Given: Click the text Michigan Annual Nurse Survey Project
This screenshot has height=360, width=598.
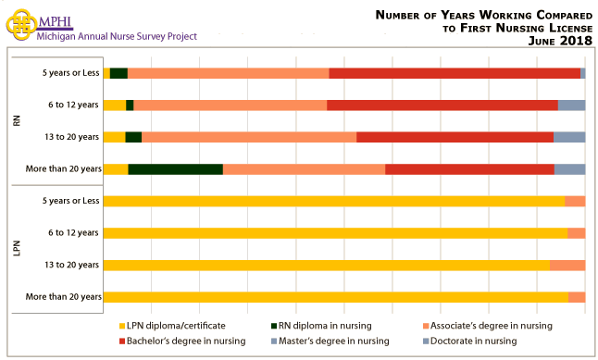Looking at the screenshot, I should click(117, 37).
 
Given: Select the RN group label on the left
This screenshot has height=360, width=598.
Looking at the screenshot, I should click(17, 120).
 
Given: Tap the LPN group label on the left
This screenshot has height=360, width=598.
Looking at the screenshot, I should click(17, 249).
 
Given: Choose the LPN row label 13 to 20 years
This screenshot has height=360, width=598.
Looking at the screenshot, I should click(71, 266).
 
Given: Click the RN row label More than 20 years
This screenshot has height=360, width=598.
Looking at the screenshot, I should click(66, 169).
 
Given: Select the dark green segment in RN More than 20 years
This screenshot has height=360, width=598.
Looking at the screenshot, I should click(175, 169).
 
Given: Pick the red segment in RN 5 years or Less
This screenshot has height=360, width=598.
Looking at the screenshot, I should click(455, 73).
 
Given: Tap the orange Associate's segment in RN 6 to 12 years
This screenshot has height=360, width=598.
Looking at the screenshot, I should click(230, 105).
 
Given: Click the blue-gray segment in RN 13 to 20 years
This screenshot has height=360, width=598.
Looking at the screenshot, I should click(569, 137).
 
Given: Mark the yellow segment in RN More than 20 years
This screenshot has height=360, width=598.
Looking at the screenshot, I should click(116, 169).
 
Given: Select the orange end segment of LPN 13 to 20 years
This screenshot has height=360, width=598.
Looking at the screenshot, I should click(567, 266).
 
